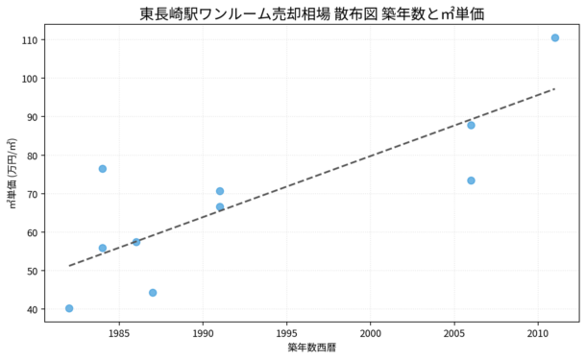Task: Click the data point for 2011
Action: (x=554, y=37)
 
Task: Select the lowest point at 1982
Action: (x=69, y=308)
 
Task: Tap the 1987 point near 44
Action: (x=153, y=293)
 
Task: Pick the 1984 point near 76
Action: (x=103, y=169)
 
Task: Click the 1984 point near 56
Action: (x=103, y=248)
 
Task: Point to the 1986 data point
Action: (x=136, y=242)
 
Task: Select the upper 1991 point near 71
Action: (x=220, y=191)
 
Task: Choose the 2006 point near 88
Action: (x=471, y=125)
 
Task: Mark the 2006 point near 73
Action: (x=471, y=180)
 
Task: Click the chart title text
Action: (x=312, y=13)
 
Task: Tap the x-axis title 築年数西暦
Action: (x=312, y=348)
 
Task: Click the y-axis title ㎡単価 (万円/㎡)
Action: (x=12, y=173)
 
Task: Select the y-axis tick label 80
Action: (x=32, y=156)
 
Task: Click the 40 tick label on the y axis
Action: (x=32, y=309)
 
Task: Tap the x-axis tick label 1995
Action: (x=286, y=333)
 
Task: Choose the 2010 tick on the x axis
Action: (x=538, y=333)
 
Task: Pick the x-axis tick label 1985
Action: (x=119, y=333)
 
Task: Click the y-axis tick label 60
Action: (x=32, y=232)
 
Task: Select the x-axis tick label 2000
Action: (x=371, y=333)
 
